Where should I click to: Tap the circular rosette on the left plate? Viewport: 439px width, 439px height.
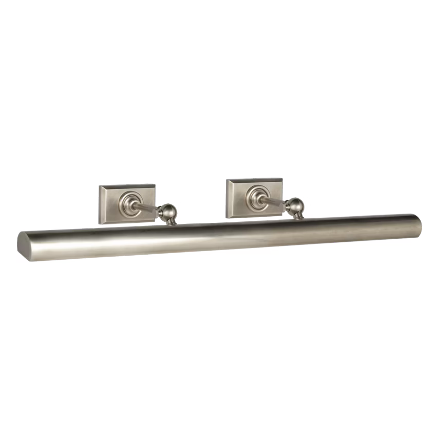(x=128, y=202)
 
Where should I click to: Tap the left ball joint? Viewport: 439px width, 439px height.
(x=167, y=211)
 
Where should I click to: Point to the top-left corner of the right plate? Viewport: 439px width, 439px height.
(x=227, y=180)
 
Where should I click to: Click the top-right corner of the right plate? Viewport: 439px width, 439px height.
(x=282, y=178)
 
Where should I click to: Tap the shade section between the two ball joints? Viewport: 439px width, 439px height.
(x=231, y=234)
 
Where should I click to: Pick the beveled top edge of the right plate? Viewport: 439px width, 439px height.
(x=255, y=181)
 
